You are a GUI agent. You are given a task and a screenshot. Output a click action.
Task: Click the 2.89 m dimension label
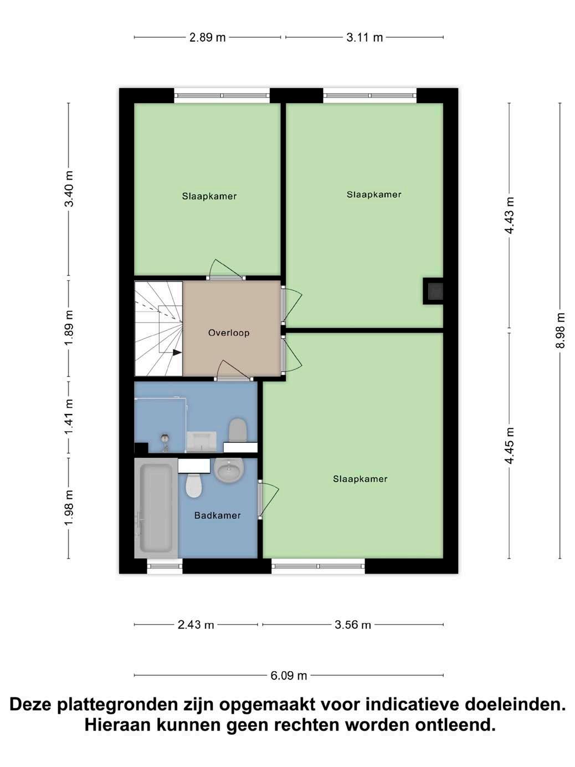pyautogui.click(x=207, y=37)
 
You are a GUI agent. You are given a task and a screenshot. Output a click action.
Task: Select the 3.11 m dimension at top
pyautogui.click(x=364, y=37)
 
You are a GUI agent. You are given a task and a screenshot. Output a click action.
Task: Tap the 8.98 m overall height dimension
pyautogui.click(x=560, y=330)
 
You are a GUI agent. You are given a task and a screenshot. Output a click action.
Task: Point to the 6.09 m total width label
pyautogui.click(x=289, y=676)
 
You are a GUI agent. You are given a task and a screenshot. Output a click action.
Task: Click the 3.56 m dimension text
pyautogui.click(x=353, y=625)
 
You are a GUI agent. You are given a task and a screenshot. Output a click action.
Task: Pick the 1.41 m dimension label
pyautogui.click(x=69, y=417)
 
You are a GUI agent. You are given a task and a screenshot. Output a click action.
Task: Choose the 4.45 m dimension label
pyautogui.click(x=510, y=446)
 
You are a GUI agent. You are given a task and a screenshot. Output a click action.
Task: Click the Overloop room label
pyautogui.click(x=229, y=333)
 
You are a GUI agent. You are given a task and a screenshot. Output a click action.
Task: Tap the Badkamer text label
pyautogui.click(x=218, y=515)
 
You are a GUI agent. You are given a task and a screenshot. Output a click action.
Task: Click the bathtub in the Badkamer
pyautogui.click(x=156, y=508)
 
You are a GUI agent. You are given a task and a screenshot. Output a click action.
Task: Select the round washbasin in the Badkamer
pyautogui.click(x=229, y=471)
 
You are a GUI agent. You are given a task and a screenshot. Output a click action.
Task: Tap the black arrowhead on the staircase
pyautogui.click(x=177, y=352)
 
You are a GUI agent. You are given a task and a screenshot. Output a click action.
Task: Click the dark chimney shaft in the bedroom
pyautogui.click(x=433, y=291)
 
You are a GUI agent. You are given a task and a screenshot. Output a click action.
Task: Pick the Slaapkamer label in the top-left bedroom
pyautogui.click(x=209, y=196)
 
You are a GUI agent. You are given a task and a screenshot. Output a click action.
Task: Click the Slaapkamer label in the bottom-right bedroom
pyautogui.click(x=360, y=479)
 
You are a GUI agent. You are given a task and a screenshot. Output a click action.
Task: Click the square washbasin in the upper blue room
pyautogui.click(x=202, y=442)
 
